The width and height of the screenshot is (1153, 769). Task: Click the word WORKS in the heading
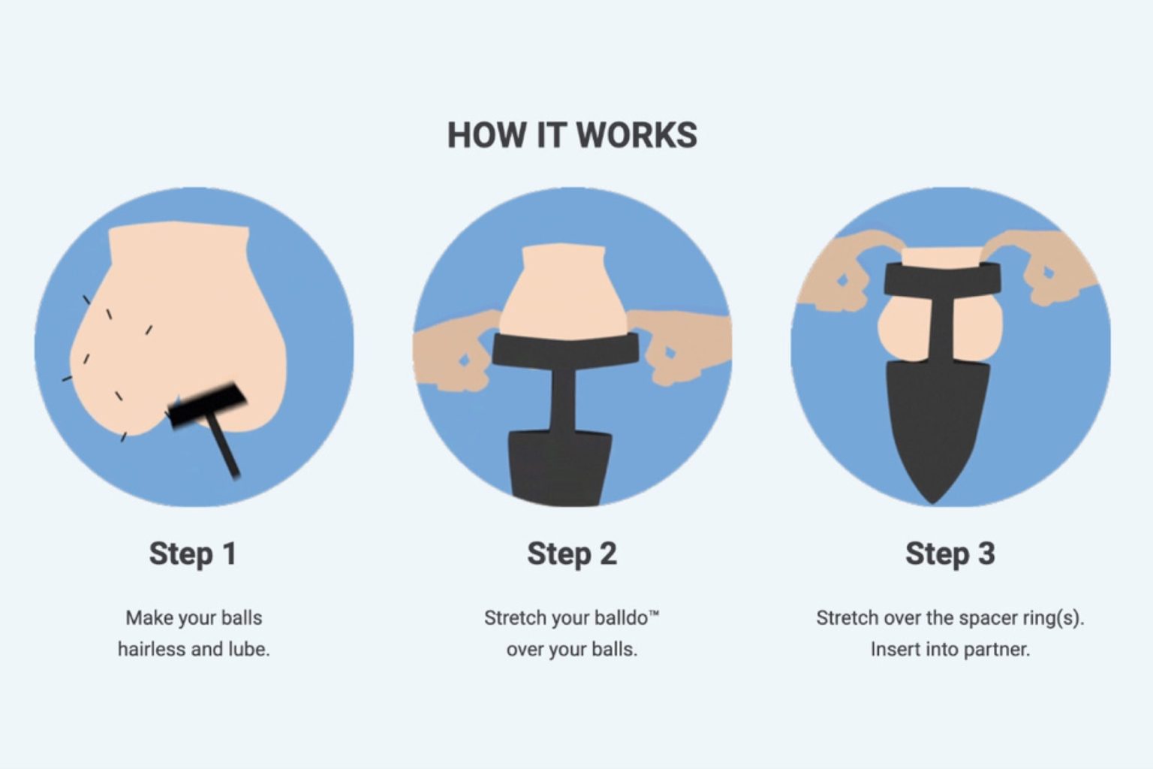pos(637,135)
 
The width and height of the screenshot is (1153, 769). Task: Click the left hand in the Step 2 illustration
pos(455,350)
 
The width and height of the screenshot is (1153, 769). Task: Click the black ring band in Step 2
pos(565,350)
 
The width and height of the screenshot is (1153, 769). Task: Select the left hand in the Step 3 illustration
pos(844,273)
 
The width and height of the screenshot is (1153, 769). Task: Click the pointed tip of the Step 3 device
pos(933,502)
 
